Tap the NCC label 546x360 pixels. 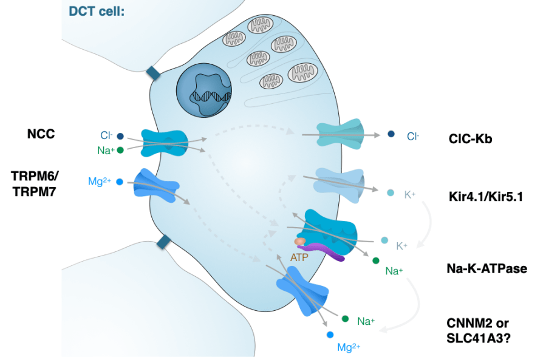pyautogui.click(x=42, y=134)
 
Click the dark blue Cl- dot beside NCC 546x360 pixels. pyautogui.click(x=120, y=137)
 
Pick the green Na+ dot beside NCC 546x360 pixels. pyautogui.click(x=120, y=150)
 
